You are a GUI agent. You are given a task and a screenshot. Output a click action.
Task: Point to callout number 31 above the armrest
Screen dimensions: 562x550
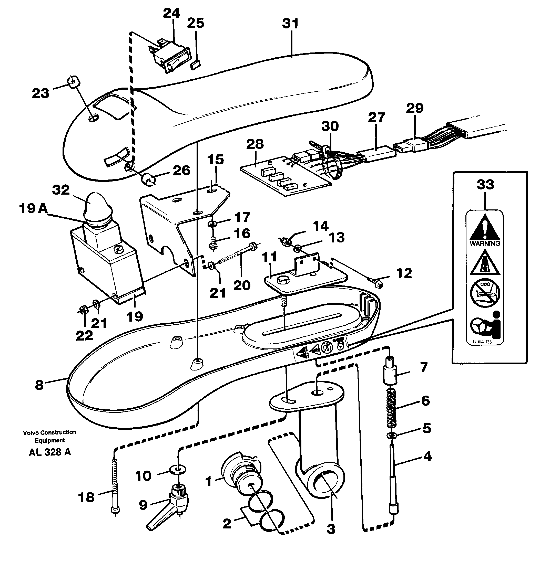pos(290,24)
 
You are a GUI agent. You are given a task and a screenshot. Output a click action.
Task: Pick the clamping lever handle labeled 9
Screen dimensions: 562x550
pos(168,507)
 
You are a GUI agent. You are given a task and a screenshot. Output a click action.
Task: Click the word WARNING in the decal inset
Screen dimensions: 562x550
pos(485,243)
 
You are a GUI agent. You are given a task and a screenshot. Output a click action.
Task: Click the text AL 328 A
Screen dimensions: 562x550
pos(50,452)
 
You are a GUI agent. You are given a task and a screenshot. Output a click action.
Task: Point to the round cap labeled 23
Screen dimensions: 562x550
pos(74,82)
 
